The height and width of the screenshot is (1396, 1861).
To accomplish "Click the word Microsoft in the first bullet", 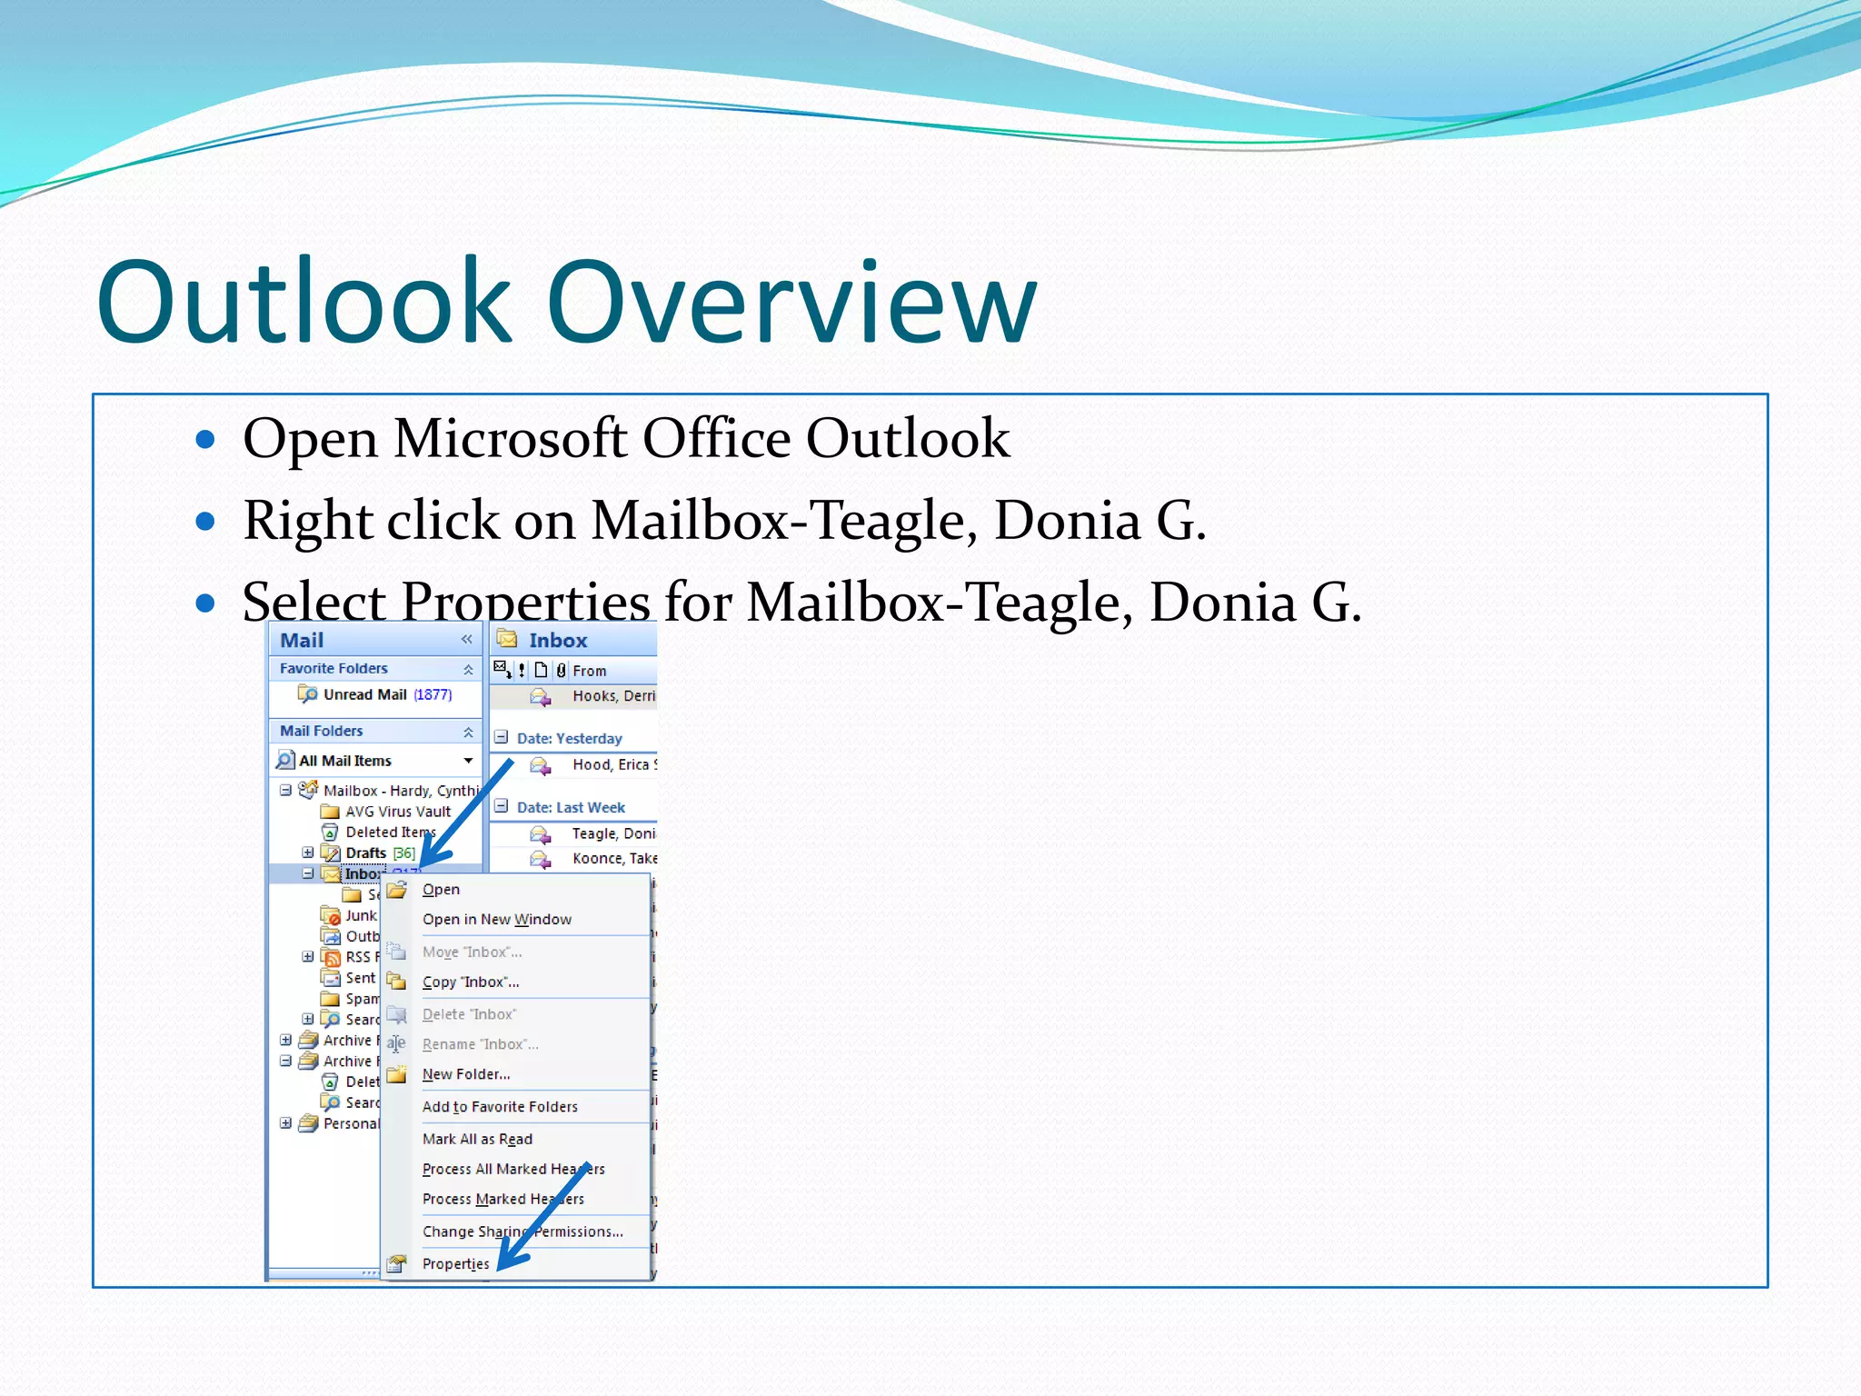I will point(509,439).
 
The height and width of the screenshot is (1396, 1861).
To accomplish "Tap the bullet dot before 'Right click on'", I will point(205,521).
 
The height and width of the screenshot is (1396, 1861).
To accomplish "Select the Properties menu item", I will point(455,1263).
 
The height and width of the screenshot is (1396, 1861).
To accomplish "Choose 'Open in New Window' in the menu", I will point(496,919).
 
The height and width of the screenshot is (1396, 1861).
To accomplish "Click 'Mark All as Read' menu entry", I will point(477,1139).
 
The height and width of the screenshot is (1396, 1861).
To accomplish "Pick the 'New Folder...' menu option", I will point(465,1074).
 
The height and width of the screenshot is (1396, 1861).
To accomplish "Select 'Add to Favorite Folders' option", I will point(500,1106).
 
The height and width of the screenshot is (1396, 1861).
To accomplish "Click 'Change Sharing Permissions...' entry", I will point(522,1231).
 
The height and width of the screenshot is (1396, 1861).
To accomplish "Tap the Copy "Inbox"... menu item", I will point(470,982).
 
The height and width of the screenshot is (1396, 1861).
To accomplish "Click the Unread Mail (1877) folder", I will point(386,694).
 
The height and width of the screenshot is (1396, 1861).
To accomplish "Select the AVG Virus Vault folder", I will point(397,812).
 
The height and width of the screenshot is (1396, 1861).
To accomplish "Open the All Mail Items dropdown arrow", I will point(468,760).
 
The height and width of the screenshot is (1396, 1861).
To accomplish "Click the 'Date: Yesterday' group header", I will point(569,738).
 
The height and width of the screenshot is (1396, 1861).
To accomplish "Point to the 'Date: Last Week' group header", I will point(570,807).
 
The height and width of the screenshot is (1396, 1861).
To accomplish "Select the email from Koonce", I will point(613,858).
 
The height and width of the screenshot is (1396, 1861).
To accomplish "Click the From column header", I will point(589,671).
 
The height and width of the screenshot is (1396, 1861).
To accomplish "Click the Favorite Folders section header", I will point(333,668).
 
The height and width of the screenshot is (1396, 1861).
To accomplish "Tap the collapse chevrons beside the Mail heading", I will point(466,640).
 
